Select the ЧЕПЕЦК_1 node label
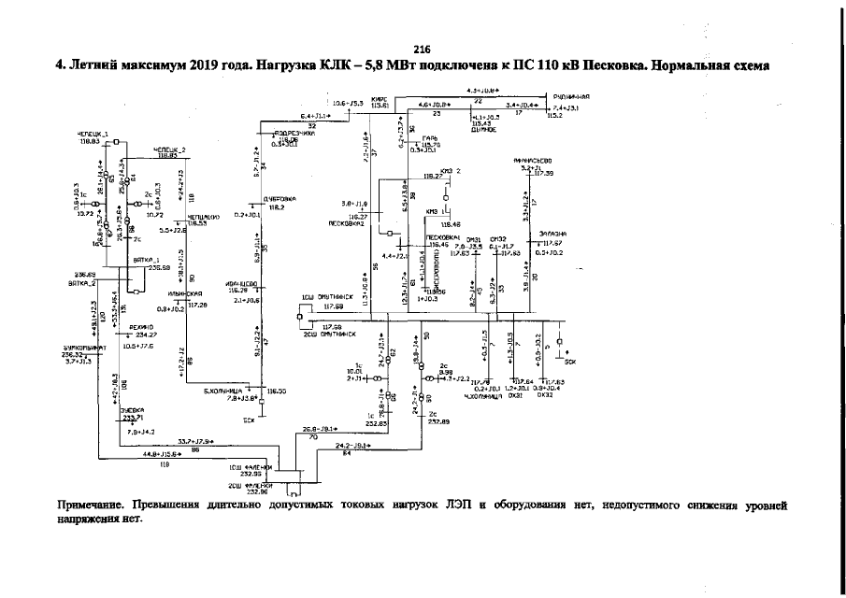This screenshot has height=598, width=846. tap(92, 135)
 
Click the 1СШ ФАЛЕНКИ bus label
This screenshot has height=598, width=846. tap(250, 466)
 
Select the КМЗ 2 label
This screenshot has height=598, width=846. tap(452, 171)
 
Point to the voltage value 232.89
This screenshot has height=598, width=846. tap(439, 421)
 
